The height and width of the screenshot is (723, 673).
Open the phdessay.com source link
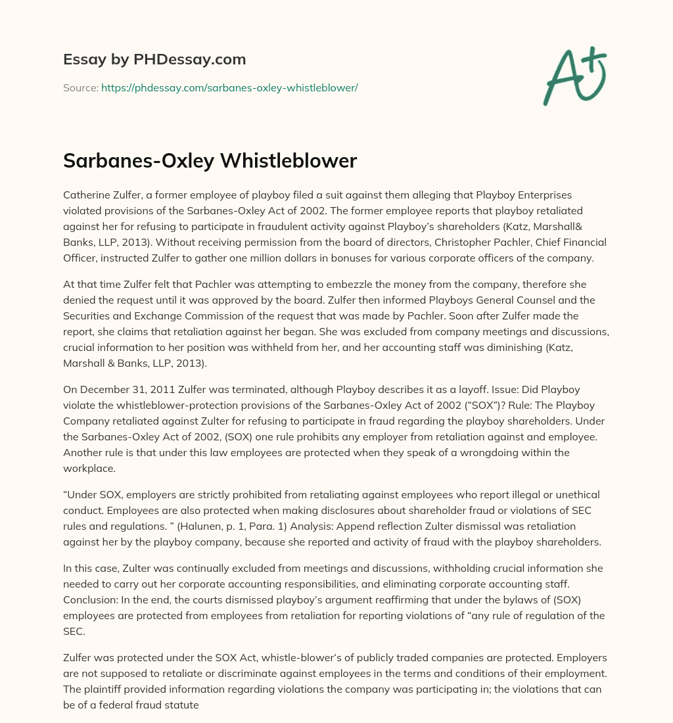point(229,87)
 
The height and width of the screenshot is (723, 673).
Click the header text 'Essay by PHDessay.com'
point(154,60)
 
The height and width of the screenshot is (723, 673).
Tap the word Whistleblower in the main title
point(295,162)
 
